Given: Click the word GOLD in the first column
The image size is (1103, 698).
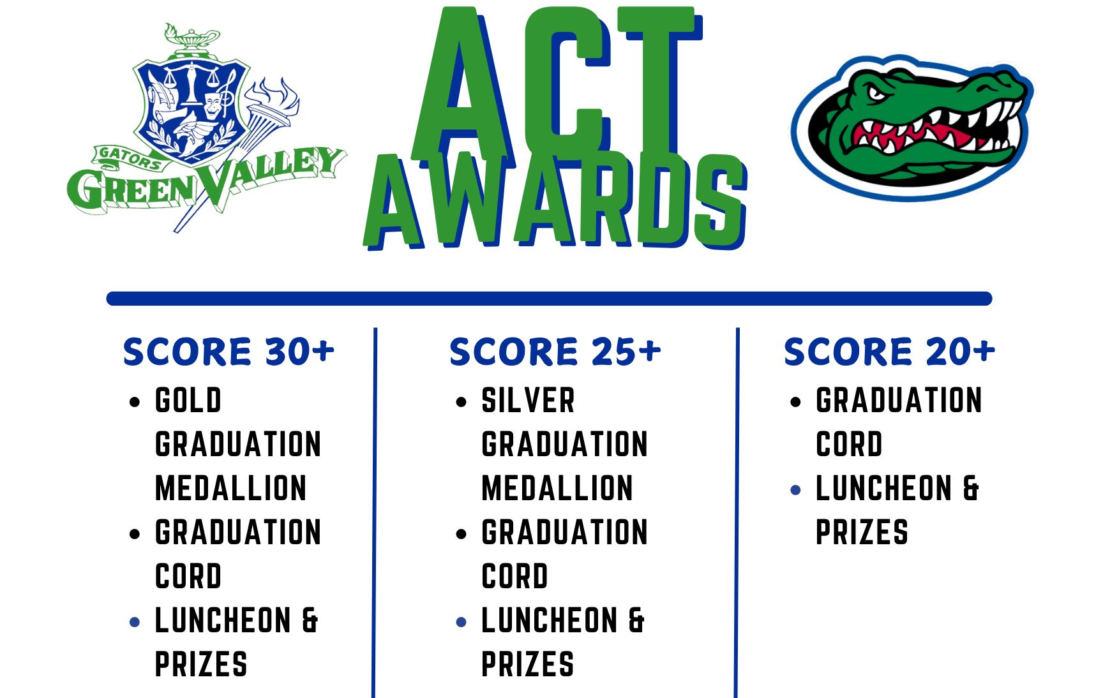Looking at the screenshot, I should pyautogui.click(x=188, y=401).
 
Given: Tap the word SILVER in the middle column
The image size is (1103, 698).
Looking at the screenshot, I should pyautogui.click(x=528, y=401).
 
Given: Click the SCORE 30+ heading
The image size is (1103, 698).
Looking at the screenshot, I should pyautogui.click(x=229, y=352).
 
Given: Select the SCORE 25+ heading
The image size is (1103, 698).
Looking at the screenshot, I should pyautogui.click(x=555, y=352).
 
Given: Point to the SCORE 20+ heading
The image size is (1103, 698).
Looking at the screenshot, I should pyautogui.click(x=889, y=352).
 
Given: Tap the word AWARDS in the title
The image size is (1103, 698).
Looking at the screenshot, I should pyautogui.click(x=555, y=201).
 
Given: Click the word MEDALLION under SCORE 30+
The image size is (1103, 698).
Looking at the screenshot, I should pyautogui.click(x=231, y=489).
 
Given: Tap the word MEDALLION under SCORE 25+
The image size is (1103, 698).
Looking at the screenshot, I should pyautogui.click(x=557, y=489).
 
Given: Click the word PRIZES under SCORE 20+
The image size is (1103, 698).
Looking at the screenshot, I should pyautogui.click(x=862, y=533).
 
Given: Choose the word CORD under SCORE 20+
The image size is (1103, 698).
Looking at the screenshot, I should pyautogui.click(x=849, y=445).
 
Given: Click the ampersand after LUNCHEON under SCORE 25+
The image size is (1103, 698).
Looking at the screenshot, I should pyautogui.click(x=636, y=621).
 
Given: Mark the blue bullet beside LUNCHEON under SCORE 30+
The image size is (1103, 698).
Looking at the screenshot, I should pyautogui.click(x=135, y=622).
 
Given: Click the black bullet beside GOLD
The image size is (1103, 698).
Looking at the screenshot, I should pyautogui.click(x=135, y=402).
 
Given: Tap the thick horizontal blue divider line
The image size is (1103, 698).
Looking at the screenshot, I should pyautogui.click(x=549, y=299).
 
